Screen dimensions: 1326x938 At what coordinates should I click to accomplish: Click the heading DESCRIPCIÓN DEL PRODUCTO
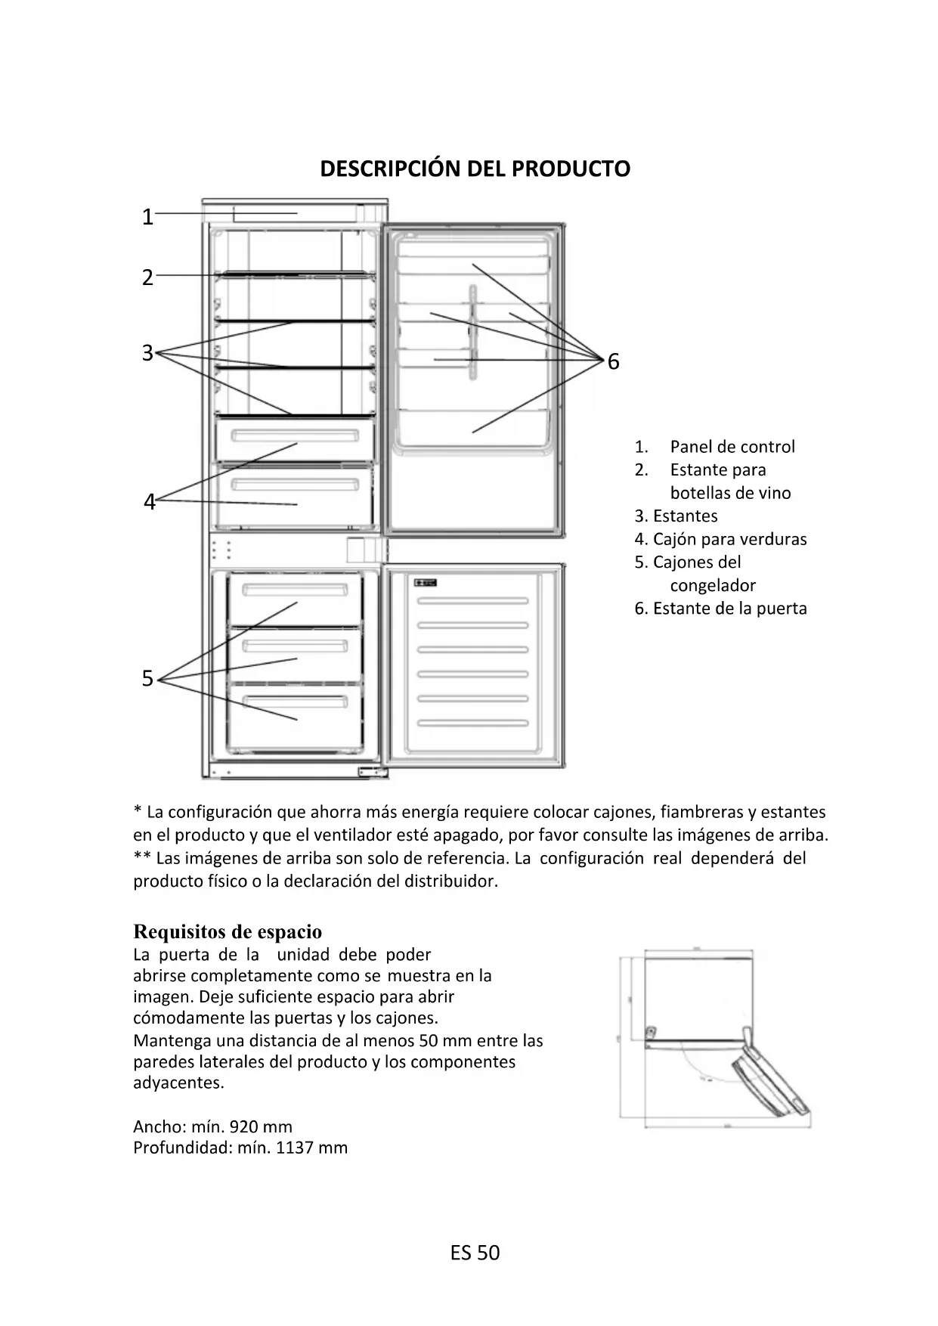(475, 169)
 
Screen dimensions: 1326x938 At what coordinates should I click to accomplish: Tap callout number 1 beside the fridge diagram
(148, 217)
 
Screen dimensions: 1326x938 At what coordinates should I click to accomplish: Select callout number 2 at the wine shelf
(148, 277)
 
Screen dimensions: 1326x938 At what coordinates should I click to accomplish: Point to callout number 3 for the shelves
(148, 353)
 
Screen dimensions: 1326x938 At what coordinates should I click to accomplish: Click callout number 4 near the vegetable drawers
(150, 502)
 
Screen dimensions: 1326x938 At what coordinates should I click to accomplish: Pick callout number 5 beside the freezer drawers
(148, 679)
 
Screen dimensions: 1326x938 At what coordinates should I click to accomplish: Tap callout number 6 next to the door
(613, 362)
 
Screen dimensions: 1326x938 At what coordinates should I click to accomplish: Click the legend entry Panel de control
(732, 447)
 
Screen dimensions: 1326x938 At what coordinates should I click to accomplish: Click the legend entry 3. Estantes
(676, 516)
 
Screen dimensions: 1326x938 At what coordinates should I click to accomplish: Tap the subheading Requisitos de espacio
(228, 931)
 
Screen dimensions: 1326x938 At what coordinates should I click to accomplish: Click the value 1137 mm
(311, 1148)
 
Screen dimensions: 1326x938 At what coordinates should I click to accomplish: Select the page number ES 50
(475, 1253)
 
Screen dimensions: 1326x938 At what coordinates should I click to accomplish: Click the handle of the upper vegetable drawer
(295, 436)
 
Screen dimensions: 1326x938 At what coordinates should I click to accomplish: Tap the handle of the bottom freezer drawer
(295, 701)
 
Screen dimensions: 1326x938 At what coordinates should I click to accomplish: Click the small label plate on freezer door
(426, 582)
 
